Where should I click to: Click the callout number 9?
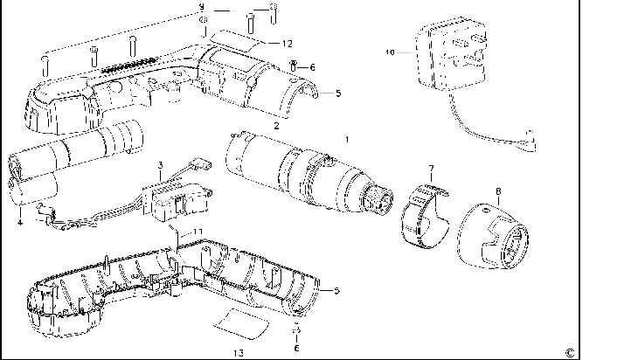[201, 7]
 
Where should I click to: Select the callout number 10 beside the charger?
[390, 52]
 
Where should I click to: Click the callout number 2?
[276, 126]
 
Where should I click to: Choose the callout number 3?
[161, 163]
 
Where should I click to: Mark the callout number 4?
[19, 222]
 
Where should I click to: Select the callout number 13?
[238, 352]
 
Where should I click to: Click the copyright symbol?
[569, 351]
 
